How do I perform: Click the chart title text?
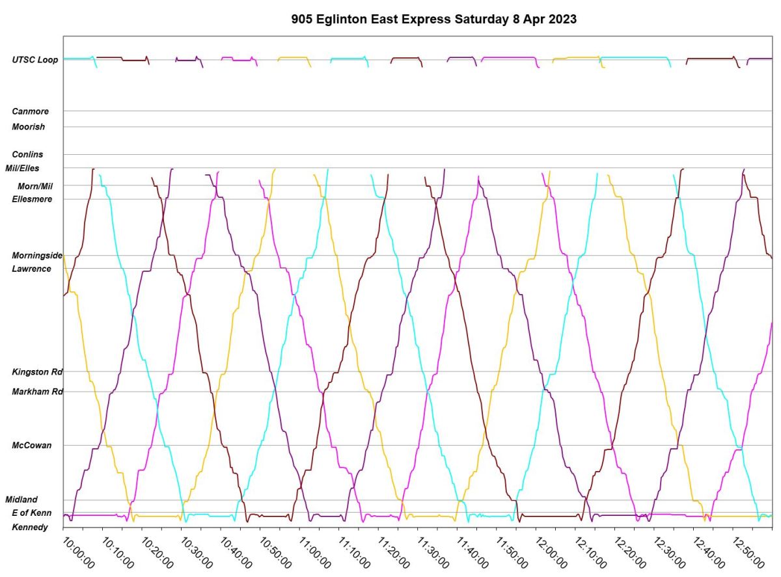pyautogui.click(x=434, y=20)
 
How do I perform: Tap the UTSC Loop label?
pyautogui.click(x=35, y=60)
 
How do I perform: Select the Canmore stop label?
pyautogui.click(x=30, y=111)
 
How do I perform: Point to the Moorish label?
pyautogui.click(x=29, y=127)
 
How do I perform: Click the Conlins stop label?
pyautogui.click(x=27, y=154)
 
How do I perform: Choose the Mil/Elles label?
pyautogui.click(x=23, y=168)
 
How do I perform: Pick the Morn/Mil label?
pyautogui.click(x=34, y=186)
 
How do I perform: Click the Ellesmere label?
pyautogui.click(x=32, y=199)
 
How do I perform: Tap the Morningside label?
pyautogui.click(x=37, y=256)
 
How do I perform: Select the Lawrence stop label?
pyautogui.click(x=31, y=269)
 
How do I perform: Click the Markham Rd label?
pyautogui.click(x=37, y=392)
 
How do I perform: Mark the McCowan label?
pyautogui.click(x=31, y=446)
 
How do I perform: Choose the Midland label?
pyautogui.click(x=21, y=500)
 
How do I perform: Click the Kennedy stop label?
pyautogui.click(x=30, y=527)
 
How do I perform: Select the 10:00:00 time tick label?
pyautogui.click(x=78, y=552)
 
